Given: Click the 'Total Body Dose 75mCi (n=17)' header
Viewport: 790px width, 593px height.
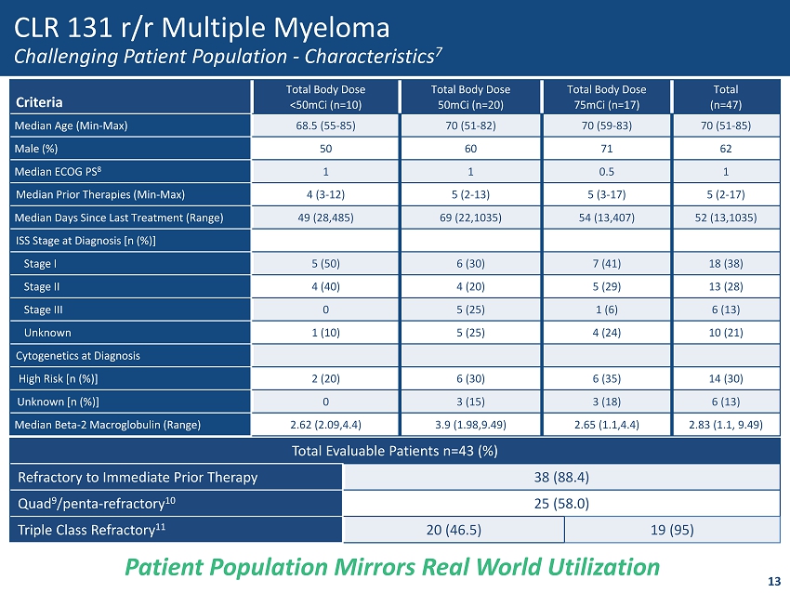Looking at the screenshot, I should pos(606,96).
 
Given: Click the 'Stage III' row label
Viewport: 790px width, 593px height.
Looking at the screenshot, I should pos(44,310).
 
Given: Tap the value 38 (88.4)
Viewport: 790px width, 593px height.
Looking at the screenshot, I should pos(560,478).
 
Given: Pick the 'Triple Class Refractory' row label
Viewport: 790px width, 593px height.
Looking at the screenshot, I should pos(91,530).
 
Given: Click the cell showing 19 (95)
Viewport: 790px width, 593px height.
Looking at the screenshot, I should pos(672,530).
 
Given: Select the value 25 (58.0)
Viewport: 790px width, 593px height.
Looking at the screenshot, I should pos(560,504).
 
